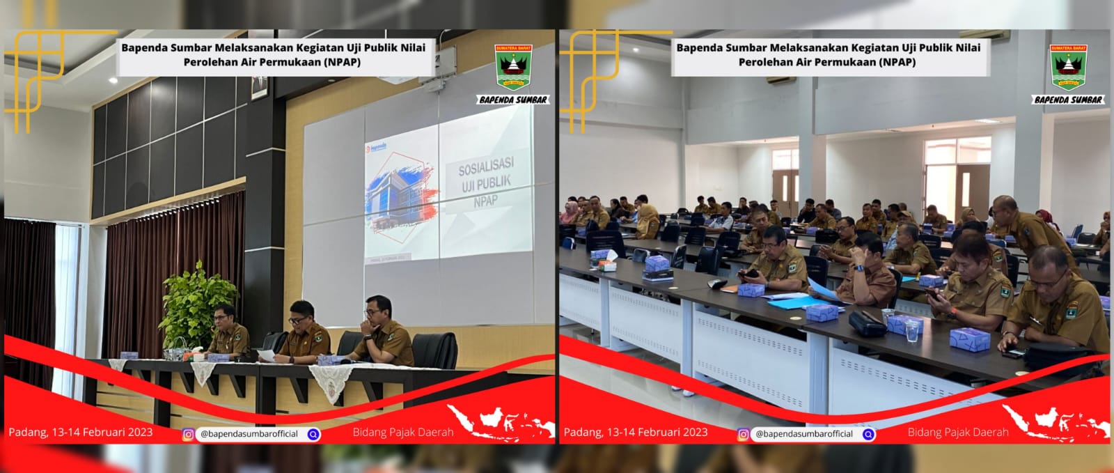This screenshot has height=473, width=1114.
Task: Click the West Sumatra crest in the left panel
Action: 513,68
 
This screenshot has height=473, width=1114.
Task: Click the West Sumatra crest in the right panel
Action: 1068,68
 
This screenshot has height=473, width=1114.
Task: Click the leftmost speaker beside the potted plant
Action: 227,330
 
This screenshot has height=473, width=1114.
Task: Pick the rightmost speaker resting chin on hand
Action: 382,330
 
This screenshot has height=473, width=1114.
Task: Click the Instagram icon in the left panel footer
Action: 188,434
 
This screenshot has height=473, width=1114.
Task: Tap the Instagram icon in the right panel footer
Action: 743,434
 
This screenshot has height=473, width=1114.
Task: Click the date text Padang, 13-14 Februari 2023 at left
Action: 80,432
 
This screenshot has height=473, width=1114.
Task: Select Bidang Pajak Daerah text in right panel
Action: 957,433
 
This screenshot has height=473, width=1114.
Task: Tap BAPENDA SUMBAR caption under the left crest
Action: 513,100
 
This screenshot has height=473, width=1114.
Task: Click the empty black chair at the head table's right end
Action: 435,348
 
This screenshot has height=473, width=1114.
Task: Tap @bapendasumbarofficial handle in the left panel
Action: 249,434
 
